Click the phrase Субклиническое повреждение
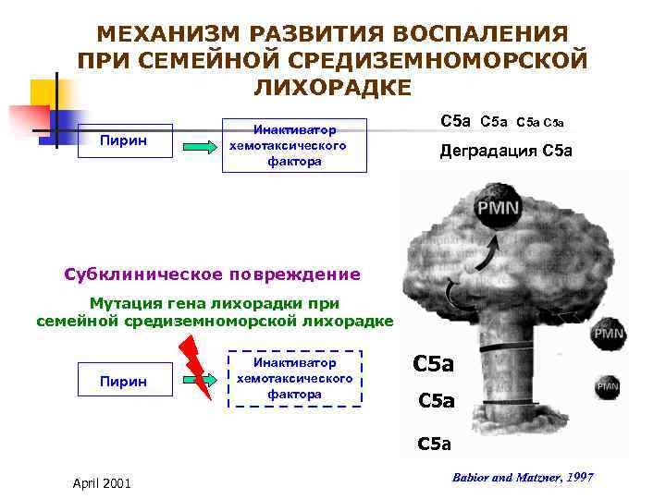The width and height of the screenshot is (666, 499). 213,274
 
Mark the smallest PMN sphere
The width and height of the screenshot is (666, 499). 607,386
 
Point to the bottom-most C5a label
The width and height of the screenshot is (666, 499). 434,444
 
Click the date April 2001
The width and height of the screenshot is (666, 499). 101,483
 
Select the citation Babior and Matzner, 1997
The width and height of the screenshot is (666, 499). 523,477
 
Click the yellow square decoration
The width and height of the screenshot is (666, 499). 44,94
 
